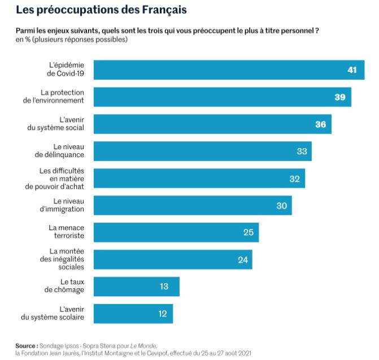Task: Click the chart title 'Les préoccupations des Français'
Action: (101, 10)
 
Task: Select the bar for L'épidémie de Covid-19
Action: (226, 70)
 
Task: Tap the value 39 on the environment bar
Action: (339, 97)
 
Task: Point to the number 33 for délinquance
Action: (302, 151)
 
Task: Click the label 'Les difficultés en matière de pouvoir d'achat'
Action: (62, 178)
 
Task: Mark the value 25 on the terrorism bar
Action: (248, 232)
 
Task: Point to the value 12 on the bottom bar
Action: (163, 314)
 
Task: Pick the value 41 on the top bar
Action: (352, 70)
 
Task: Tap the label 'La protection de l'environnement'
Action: (62, 97)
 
